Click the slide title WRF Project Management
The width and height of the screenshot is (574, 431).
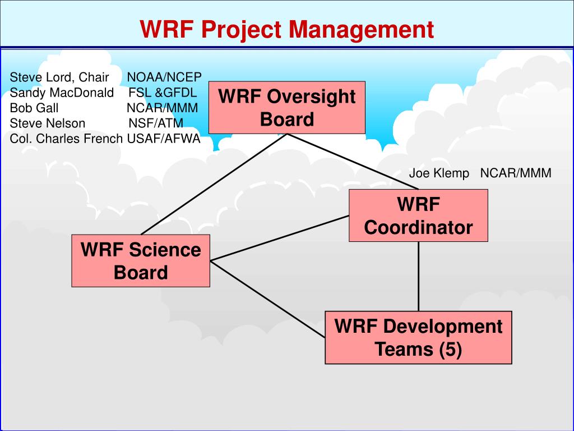286,29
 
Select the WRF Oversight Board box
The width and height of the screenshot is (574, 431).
287,108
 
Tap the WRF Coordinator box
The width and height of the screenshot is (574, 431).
418,216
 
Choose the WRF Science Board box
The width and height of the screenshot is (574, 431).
141,261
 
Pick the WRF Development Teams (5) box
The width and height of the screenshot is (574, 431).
418,337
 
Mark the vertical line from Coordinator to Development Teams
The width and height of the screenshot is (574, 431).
419,276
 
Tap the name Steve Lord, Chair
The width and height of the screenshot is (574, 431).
59,77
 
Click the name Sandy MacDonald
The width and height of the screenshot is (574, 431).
62,92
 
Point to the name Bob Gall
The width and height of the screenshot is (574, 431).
34,108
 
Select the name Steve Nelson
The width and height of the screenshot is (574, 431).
48,123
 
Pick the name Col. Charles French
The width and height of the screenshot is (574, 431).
66,139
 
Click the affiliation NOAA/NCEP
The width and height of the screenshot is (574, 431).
164,77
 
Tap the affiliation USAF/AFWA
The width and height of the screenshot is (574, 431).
164,139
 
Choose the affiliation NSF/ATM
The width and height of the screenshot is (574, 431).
156,123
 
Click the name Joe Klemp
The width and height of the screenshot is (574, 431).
439,173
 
